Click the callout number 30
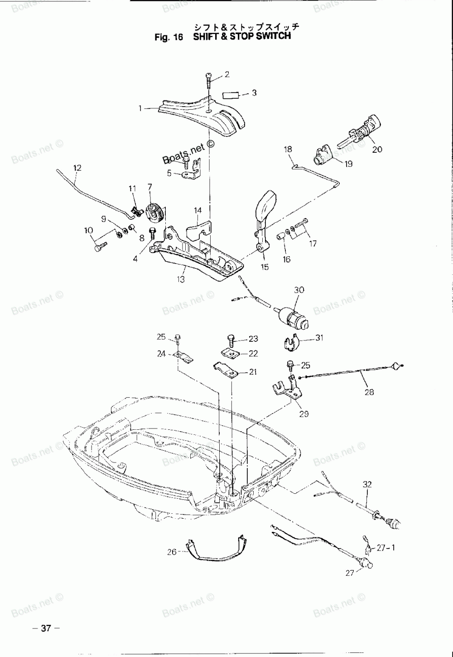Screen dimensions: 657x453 (299, 290)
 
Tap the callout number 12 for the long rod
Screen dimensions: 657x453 (77, 168)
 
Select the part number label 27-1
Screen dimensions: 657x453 (386, 548)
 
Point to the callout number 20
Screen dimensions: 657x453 (377, 149)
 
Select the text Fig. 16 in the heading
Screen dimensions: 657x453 (169, 37)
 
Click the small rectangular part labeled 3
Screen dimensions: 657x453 (231, 95)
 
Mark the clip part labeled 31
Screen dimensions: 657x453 (290, 343)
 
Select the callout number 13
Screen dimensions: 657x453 (181, 279)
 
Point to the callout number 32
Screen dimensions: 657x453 (367, 484)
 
